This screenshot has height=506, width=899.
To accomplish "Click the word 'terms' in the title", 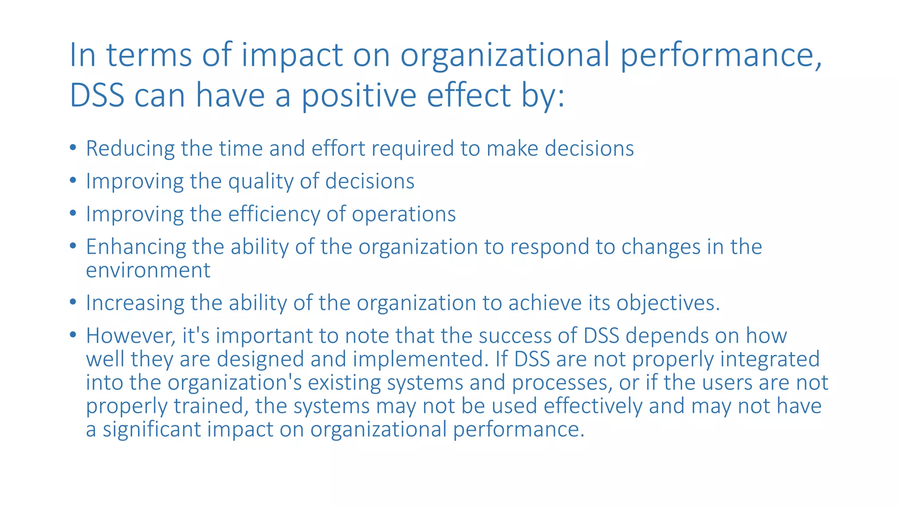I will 149,55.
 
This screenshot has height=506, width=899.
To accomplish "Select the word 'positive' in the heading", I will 358,95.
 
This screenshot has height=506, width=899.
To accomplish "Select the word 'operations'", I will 403,214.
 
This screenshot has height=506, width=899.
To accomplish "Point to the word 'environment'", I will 148,270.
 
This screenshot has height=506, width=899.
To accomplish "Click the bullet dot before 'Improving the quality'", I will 73,180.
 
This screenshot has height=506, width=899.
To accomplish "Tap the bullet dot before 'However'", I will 73,335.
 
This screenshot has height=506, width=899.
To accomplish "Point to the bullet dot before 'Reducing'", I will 73,147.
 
